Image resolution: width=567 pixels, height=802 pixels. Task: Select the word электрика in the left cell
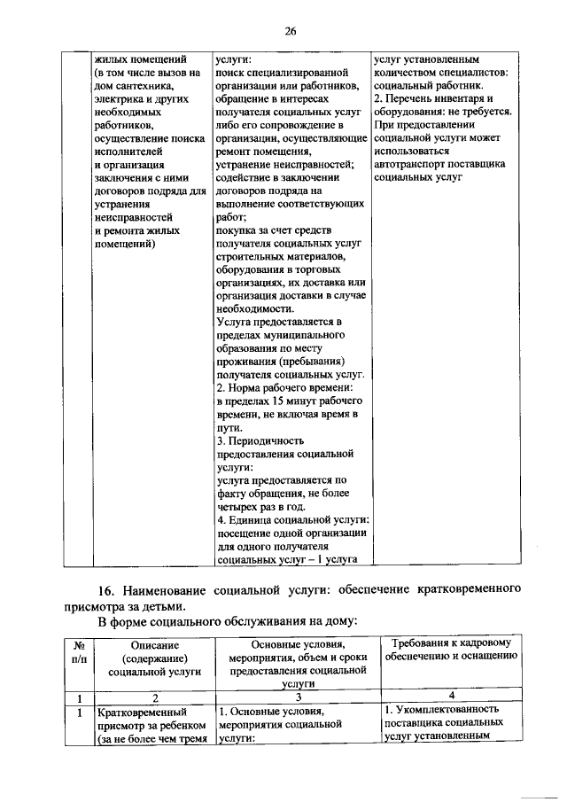click(x=120, y=99)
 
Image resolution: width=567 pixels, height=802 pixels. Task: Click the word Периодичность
click(x=266, y=440)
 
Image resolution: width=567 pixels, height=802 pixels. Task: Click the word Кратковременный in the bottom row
click(x=142, y=712)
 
